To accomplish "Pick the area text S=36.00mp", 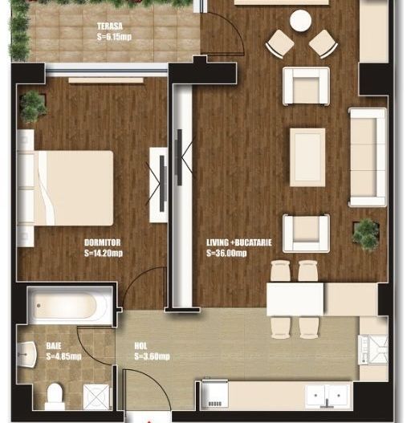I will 226,253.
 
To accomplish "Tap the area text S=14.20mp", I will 103,253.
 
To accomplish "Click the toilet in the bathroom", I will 55,396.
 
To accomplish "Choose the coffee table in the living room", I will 307,157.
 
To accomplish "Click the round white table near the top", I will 301,19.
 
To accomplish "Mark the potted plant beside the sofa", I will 366,233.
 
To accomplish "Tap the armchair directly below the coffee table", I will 305,233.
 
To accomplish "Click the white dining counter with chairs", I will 296,299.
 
